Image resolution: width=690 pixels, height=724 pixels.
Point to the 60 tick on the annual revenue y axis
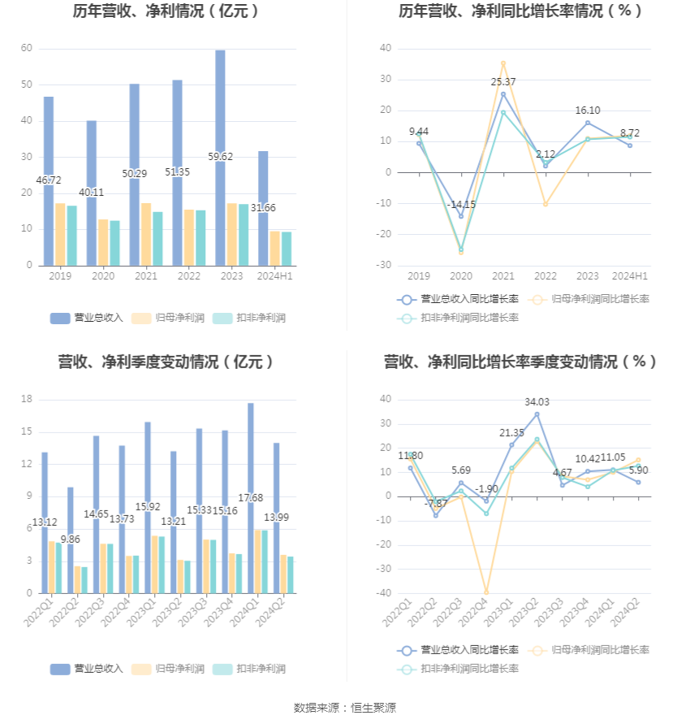point(27,49)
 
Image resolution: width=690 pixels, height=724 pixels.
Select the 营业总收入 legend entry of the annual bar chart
point(87,318)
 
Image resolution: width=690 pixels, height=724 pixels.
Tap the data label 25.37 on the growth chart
point(502,82)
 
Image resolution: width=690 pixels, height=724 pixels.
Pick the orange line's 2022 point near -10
point(546,204)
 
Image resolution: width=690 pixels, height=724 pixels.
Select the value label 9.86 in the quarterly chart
point(71,539)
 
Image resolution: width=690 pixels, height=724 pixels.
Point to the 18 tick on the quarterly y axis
point(27,400)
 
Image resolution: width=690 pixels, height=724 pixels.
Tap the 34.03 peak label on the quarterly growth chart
point(537,402)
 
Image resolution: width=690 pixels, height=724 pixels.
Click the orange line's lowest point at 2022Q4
point(486,592)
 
